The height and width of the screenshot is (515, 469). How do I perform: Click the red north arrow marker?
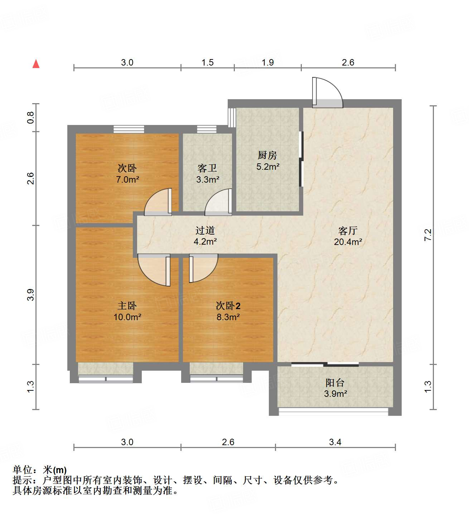coord(36,64)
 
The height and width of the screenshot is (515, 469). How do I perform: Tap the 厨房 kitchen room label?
coord(267,155)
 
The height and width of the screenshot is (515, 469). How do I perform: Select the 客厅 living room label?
coord(348,231)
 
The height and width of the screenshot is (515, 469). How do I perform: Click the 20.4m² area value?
coord(348,242)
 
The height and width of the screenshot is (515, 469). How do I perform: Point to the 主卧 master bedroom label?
coord(127,306)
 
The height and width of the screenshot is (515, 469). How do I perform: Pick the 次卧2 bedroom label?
coord(228,306)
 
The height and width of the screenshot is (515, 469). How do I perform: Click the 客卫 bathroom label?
coord(207,168)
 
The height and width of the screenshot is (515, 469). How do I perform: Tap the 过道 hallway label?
coord(205,231)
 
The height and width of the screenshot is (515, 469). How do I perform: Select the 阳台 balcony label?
coord(335,382)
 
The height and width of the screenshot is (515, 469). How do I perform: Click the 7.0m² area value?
coord(127,179)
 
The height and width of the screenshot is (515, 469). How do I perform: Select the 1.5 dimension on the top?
coord(207,63)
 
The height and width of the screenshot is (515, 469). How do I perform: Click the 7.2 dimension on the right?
coord(428,235)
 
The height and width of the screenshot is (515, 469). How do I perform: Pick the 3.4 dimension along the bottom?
coord(335,442)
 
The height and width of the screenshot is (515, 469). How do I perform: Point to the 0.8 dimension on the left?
coord(31,117)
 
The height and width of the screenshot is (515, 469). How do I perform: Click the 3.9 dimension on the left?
coord(31,295)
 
